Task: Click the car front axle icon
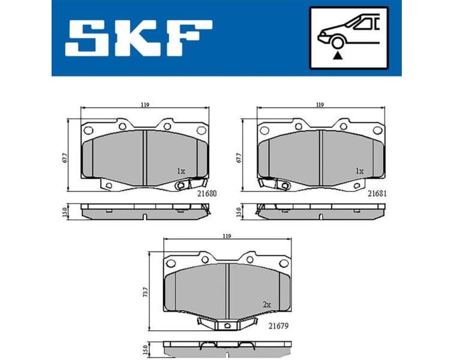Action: tap(348, 37)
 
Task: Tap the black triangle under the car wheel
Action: tap(338, 55)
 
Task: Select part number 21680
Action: tap(207, 194)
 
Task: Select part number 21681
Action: tap(377, 194)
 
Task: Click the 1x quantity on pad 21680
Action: tap(181, 171)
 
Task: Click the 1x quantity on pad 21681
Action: tap(359, 171)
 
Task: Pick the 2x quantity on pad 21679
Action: tap(267, 305)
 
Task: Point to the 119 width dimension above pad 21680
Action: tap(145, 105)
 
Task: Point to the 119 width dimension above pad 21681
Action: tap(320, 105)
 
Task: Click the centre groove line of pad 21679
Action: tap(228, 292)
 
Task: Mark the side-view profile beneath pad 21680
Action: tap(144, 211)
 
